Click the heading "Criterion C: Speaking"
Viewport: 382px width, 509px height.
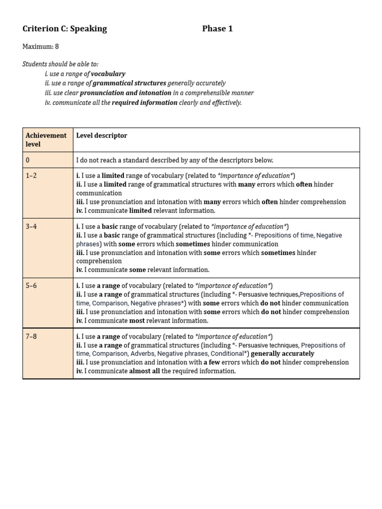tap(65, 29)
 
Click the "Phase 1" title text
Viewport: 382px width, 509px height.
tap(217, 29)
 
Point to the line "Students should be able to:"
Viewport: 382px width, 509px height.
tap(60, 64)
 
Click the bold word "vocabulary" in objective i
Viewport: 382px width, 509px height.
tap(108, 74)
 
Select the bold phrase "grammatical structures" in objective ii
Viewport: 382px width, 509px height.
tap(129, 83)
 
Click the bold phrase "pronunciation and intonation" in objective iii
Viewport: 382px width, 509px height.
tap(126, 93)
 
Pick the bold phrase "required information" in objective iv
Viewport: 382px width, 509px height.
tap(144, 102)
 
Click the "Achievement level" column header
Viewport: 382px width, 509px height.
tap(46, 140)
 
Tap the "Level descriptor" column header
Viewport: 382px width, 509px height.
tap(101, 135)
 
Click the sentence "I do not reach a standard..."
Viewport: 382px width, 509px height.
tap(175, 160)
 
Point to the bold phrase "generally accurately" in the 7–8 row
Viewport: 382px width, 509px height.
tap(283, 354)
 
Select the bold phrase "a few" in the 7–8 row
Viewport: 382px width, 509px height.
tap(212, 362)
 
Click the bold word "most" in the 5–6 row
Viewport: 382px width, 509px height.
tap(137, 321)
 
